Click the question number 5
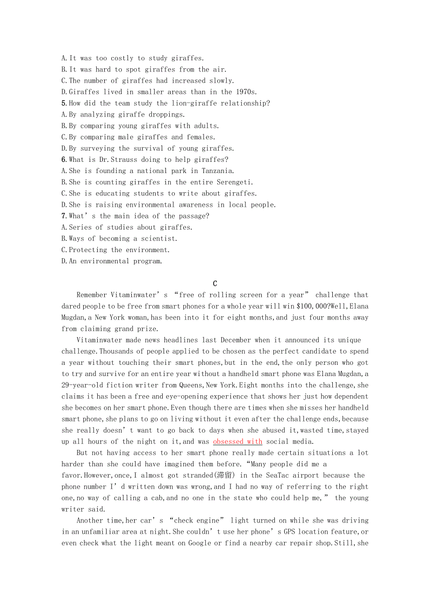pyautogui.click(x=64, y=103)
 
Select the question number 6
pyautogui.click(x=64, y=160)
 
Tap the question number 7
pyautogui.click(x=64, y=216)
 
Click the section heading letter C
pyautogui.click(x=215, y=284)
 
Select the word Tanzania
pyautogui.click(x=218, y=171)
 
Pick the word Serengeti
pyautogui.click(x=235, y=182)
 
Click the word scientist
pyautogui.click(x=160, y=239)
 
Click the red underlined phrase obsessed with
pyautogui.click(x=237, y=442)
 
